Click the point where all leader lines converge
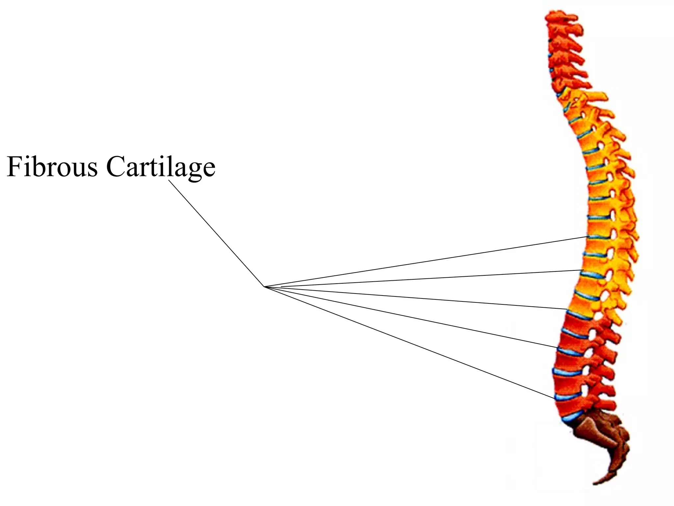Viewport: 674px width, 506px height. tap(264, 287)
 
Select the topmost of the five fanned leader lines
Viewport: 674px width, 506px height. tap(428, 262)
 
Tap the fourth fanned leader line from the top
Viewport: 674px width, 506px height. tap(411, 317)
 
